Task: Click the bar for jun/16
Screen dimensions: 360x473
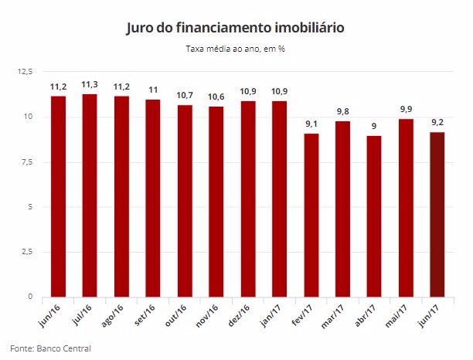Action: pos(58,196)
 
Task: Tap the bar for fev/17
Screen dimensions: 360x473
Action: pos(311,216)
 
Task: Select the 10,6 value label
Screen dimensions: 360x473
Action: pos(216,97)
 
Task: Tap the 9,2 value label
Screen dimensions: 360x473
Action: pos(437,123)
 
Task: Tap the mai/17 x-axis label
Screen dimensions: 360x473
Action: pos(400,315)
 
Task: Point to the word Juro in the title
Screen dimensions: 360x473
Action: pos(140,28)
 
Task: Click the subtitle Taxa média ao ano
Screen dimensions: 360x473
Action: pos(236,49)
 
